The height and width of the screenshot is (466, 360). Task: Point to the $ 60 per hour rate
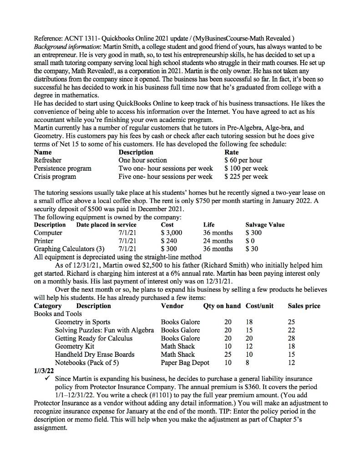click(243, 160)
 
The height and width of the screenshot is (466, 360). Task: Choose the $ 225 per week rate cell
click(246, 176)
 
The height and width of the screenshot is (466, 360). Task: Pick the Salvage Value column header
click(265, 224)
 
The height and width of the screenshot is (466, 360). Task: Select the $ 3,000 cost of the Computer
click(172, 233)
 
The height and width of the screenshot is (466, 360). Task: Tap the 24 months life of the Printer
click(218, 241)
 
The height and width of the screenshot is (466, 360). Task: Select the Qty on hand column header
click(222, 306)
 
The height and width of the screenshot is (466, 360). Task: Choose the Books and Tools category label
click(58, 314)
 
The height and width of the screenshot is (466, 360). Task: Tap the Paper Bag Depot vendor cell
click(186, 363)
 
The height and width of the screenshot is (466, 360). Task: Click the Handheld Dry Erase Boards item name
click(95, 355)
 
